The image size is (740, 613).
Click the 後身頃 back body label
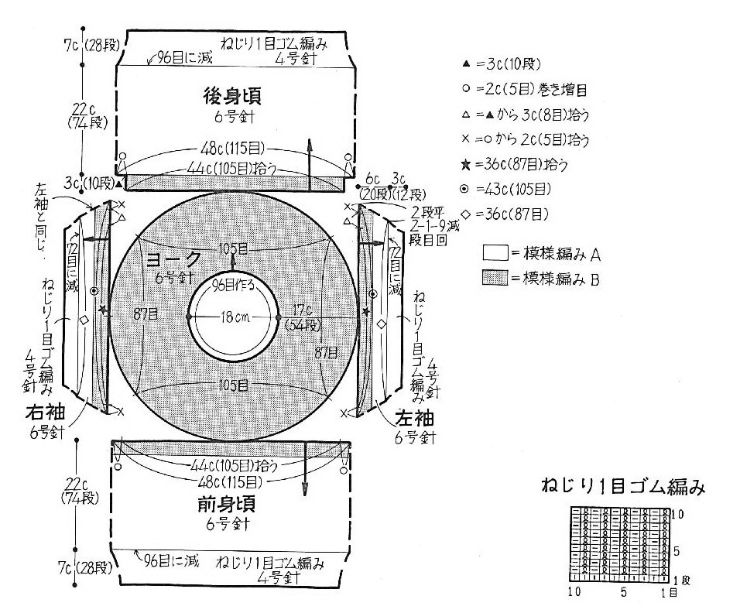pyautogui.click(x=231, y=97)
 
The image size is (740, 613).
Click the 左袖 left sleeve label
pyautogui.click(x=414, y=418)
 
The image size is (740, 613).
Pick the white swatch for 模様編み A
pyautogui.click(x=494, y=252)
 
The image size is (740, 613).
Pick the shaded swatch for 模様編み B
pyautogui.click(x=494, y=279)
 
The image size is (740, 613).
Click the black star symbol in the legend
pyautogui.click(x=464, y=166)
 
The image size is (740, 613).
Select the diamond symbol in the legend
pyautogui.click(x=464, y=214)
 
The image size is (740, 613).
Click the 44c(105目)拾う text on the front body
pyautogui.click(x=233, y=466)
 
